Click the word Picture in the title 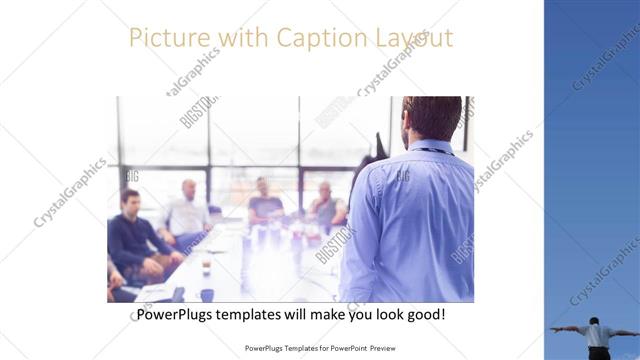point(165,38)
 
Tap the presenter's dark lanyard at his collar point(430,151)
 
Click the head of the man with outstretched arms point(595,322)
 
